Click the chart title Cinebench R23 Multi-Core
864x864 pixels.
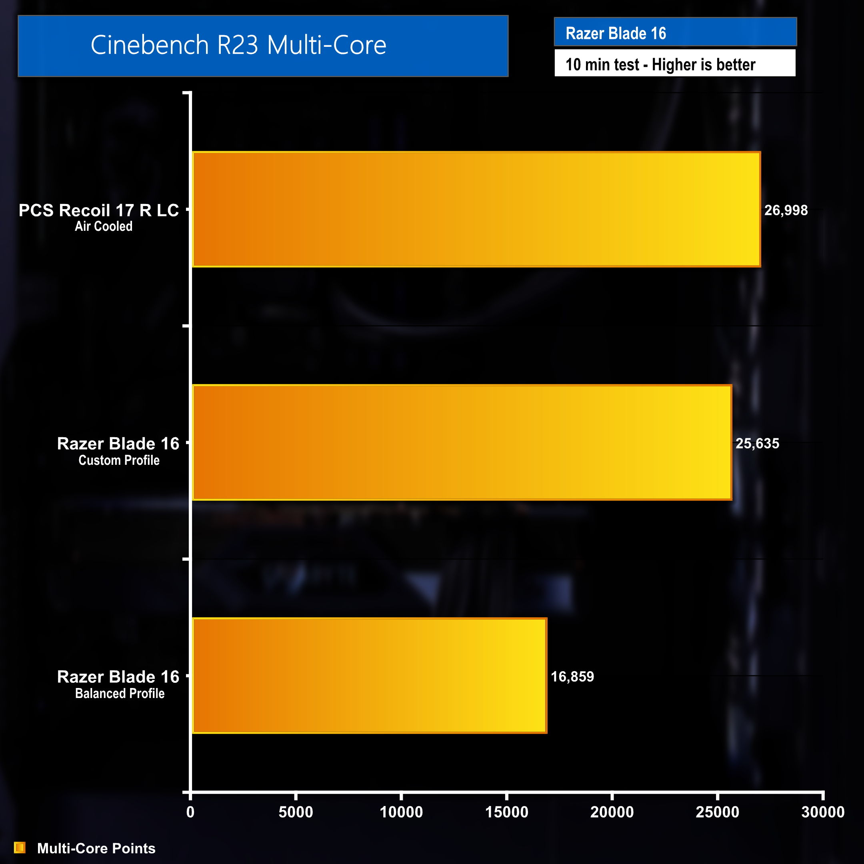238,45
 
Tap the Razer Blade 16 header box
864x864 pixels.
675,32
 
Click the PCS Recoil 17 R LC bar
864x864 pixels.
476,209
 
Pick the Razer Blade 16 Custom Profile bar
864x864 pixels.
462,442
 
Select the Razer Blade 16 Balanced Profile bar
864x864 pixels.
369,675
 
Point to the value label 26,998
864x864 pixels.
786,210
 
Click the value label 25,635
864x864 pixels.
757,443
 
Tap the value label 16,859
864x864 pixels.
572,676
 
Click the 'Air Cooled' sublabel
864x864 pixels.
103,226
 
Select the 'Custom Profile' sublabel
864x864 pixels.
119,460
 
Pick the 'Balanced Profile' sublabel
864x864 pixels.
120,693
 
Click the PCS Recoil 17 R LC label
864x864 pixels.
98,210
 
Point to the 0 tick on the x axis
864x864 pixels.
190,812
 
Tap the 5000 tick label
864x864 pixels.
296,812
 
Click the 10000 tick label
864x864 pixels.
401,812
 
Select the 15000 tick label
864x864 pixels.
507,812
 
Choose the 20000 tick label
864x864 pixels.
612,812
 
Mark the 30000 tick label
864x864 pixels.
822,812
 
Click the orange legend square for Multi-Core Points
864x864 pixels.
20,848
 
